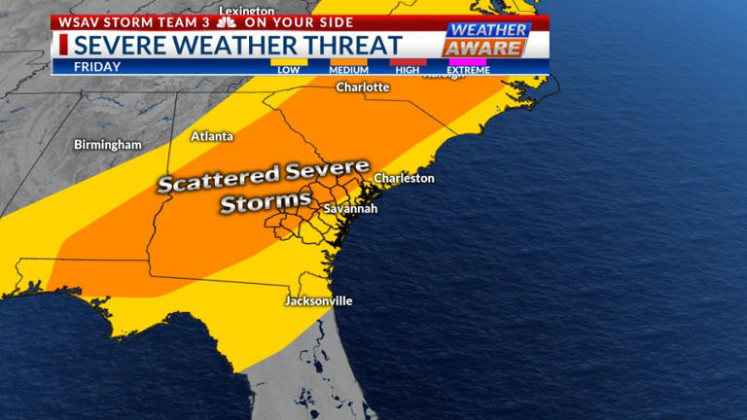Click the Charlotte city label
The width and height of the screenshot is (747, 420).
[362, 87]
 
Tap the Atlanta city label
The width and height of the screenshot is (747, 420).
[211, 136]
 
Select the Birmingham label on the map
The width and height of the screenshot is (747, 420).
[108, 145]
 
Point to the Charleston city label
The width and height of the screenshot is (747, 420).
[404, 179]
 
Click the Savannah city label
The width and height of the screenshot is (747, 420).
[350, 208]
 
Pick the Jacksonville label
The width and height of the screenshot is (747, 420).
[318, 301]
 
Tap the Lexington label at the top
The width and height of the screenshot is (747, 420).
[246, 11]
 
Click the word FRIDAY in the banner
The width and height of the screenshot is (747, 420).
[97, 67]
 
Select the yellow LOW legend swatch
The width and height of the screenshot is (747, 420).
[289, 61]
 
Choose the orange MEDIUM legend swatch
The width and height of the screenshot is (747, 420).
[348, 61]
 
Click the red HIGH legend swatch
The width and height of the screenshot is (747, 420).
[409, 61]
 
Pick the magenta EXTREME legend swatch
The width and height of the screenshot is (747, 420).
[467, 61]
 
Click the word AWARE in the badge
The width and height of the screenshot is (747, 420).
[483, 48]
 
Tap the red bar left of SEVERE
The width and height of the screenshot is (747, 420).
[63, 45]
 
